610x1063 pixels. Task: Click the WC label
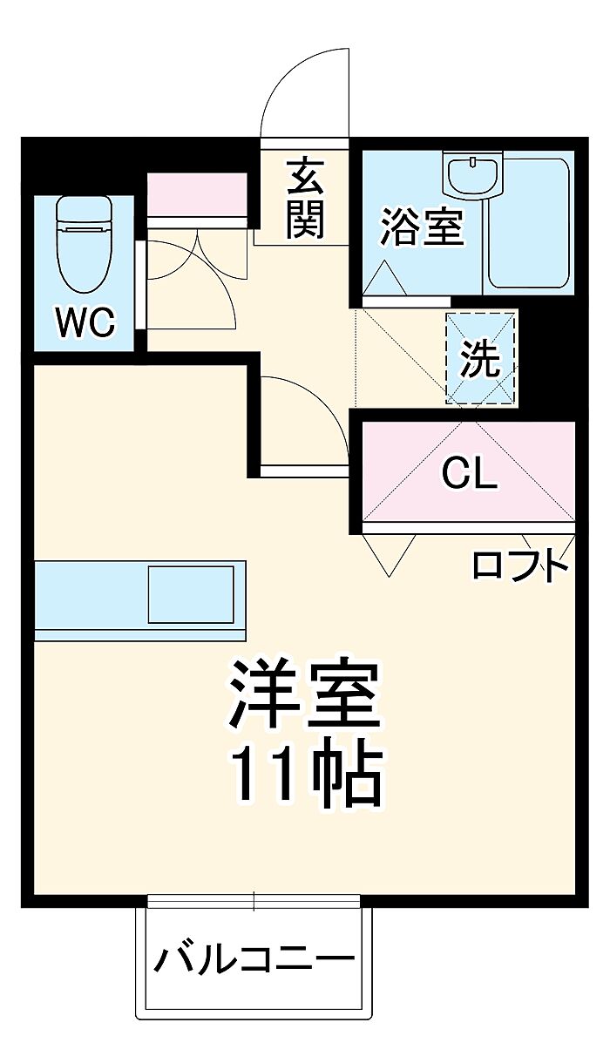coord(85,322)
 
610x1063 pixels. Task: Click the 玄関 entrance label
coord(304,199)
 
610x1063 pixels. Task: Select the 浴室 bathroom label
coord(422,227)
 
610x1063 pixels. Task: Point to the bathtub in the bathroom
coord(528,223)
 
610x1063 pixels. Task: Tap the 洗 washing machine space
coord(480,358)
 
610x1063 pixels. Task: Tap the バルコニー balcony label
coord(254,958)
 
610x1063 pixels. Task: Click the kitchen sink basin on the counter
coord(191,594)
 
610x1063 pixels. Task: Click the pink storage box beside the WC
coord(197,194)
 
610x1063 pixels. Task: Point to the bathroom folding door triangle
coord(384,279)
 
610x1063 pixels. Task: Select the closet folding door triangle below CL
coord(390,555)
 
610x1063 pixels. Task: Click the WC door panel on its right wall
coord(140,284)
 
